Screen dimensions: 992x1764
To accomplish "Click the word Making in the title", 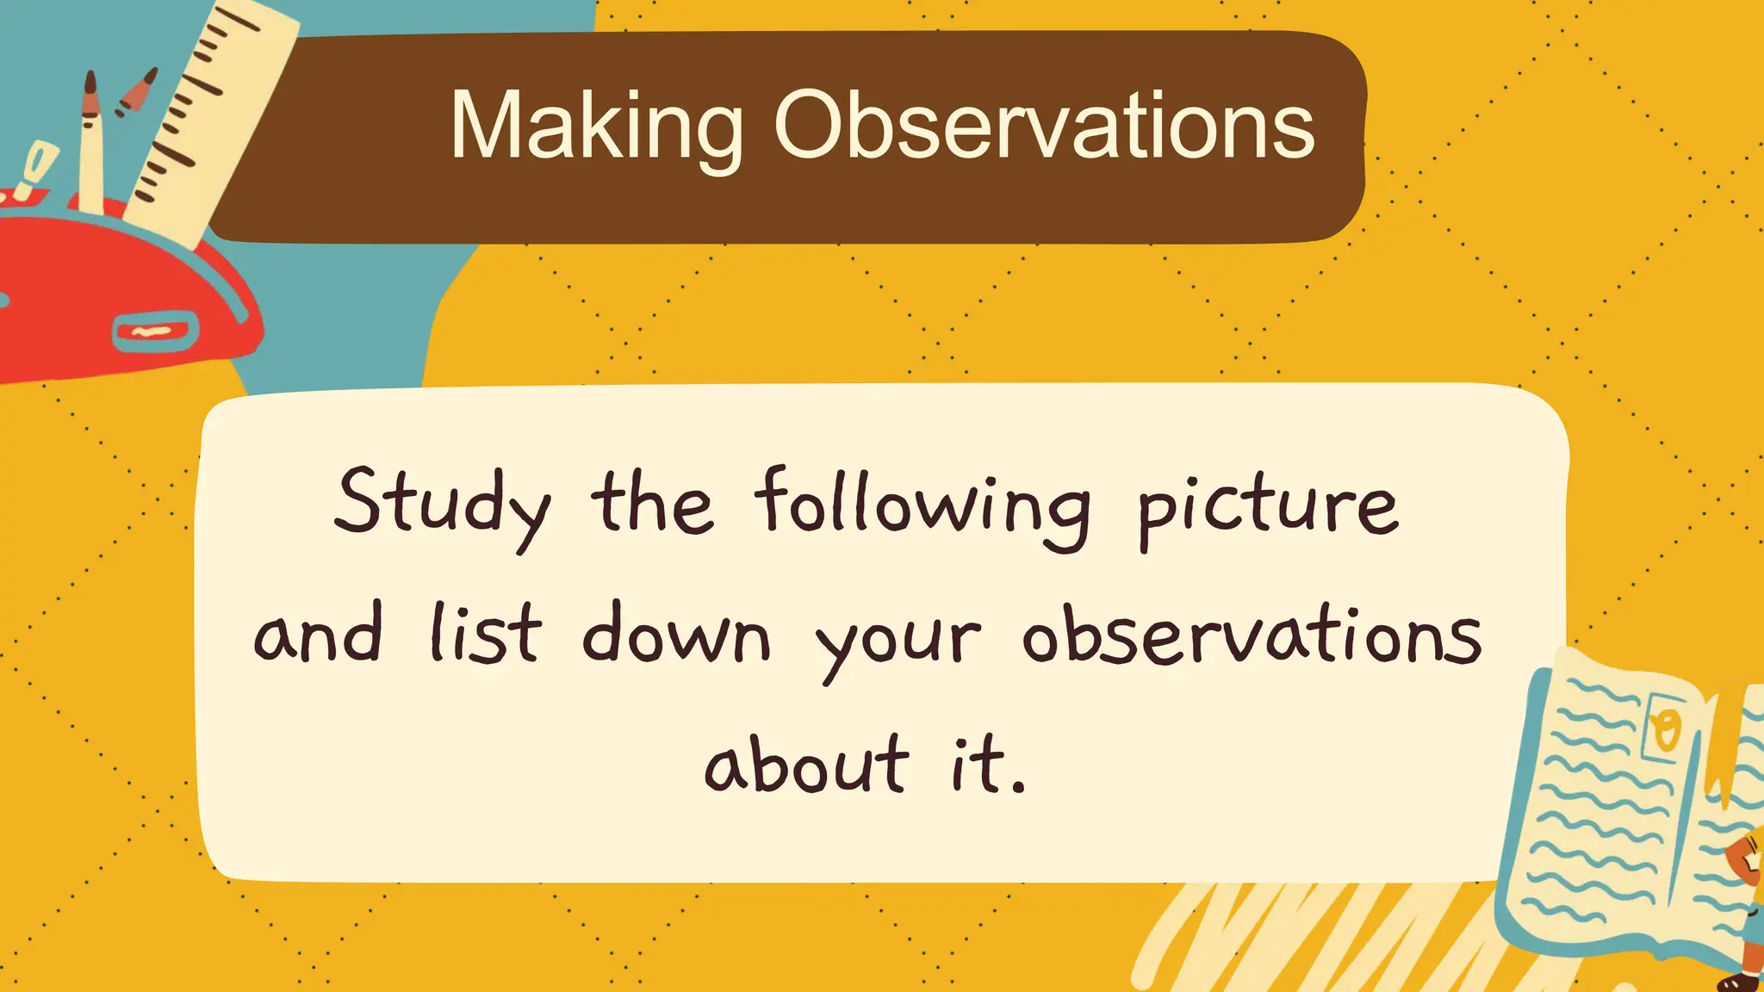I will pos(596,127).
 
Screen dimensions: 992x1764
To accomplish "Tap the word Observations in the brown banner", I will pos(1044,127).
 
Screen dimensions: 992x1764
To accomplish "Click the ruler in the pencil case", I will pos(215,112).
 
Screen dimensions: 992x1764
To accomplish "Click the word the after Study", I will pos(652,504).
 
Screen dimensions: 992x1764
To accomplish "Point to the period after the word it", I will pos(1020,787).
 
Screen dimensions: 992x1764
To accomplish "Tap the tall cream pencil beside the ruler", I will pos(90,146).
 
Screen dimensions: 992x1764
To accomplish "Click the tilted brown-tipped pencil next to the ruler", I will pos(138,93).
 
